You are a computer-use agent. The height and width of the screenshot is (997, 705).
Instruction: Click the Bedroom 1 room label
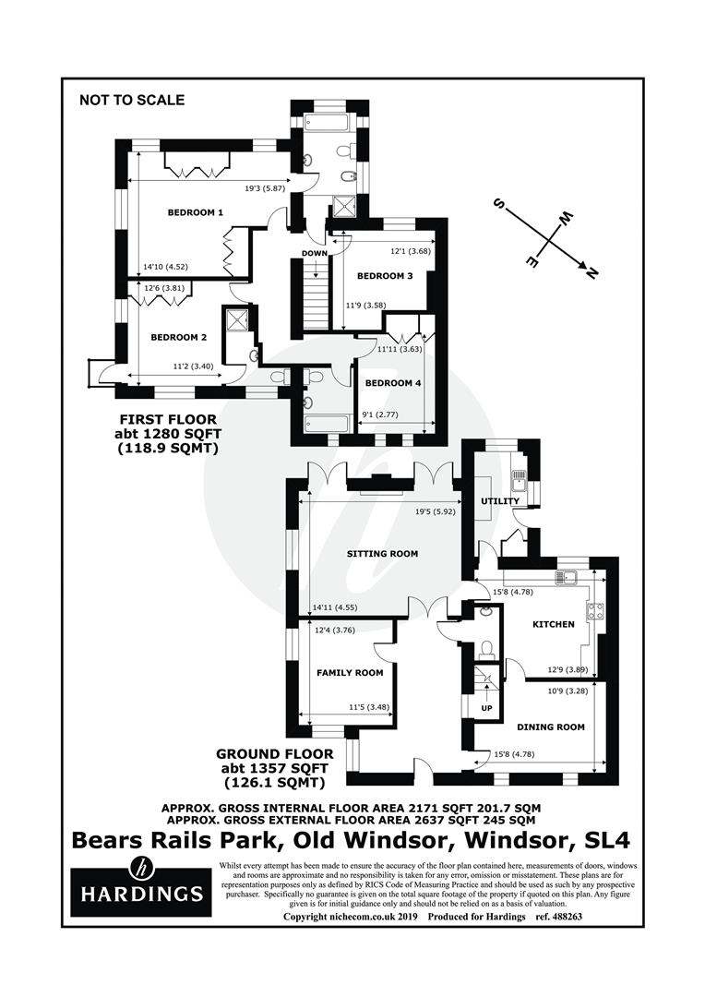(195, 212)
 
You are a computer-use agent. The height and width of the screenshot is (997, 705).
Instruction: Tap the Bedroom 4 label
(393, 383)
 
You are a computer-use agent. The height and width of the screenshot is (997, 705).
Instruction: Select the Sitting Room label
(382, 553)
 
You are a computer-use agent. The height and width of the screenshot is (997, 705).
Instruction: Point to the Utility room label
(500, 501)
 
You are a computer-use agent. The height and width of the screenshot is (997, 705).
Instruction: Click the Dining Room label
(551, 727)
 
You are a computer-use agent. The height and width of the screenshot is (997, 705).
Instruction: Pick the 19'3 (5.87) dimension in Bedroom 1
(265, 188)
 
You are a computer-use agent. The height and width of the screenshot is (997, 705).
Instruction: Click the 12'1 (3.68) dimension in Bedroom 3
(410, 251)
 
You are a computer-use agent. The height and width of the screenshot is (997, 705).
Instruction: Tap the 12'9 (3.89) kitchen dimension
(568, 669)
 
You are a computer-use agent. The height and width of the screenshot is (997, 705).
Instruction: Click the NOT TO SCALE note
(132, 100)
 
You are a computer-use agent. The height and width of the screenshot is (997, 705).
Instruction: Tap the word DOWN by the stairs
(315, 253)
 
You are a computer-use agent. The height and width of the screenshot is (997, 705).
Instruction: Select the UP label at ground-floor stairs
(486, 708)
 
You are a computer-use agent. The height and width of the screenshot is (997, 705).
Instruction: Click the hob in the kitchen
(595, 612)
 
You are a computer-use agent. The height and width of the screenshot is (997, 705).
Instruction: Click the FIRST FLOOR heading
(168, 420)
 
